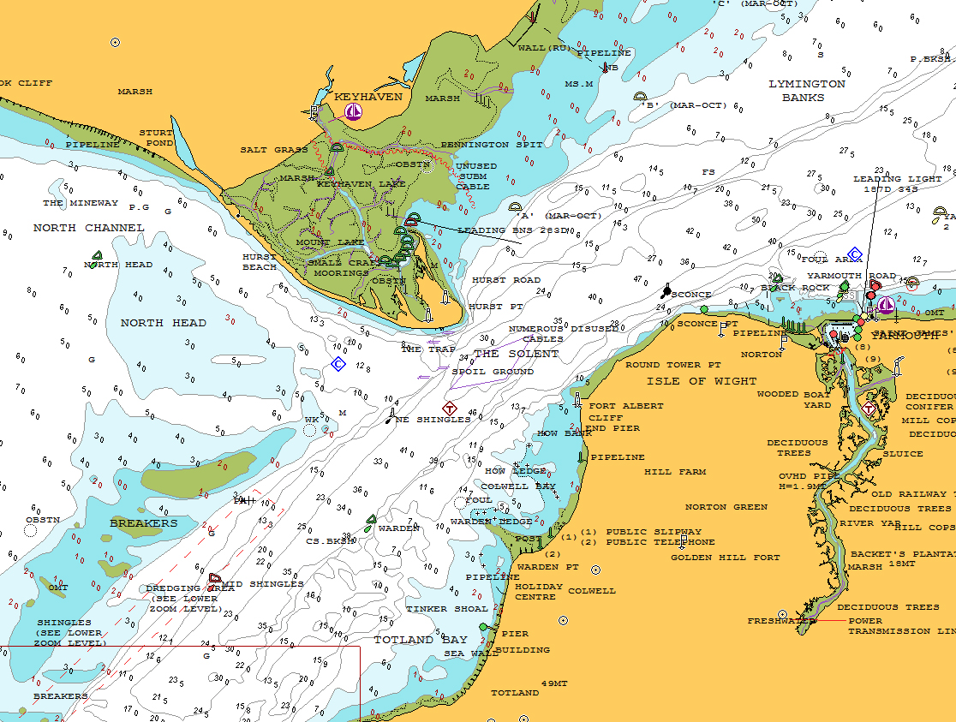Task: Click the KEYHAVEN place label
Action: pyautogui.click(x=367, y=97)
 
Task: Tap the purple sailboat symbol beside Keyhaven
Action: pyautogui.click(x=353, y=111)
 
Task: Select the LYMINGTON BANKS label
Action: pyautogui.click(x=806, y=90)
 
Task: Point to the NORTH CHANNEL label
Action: pyautogui.click(x=88, y=228)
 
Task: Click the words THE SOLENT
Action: pyautogui.click(x=516, y=354)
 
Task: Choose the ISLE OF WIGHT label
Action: pyautogui.click(x=702, y=381)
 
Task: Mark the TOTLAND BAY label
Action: pyautogui.click(x=420, y=640)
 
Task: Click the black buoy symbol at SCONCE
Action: pyautogui.click(x=666, y=291)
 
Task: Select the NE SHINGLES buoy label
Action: pyautogui.click(x=432, y=420)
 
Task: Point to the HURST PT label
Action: pyautogui.click(x=496, y=306)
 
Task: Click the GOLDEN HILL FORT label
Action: pyautogui.click(x=725, y=558)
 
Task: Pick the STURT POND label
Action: pyautogui.click(x=156, y=138)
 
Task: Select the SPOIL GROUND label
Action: pyautogui.click(x=492, y=372)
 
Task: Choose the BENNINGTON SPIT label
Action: pyautogui.click(x=491, y=145)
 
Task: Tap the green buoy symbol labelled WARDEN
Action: pyautogui.click(x=371, y=519)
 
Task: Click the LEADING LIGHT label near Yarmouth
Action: pyautogui.click(x=896, y=179)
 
